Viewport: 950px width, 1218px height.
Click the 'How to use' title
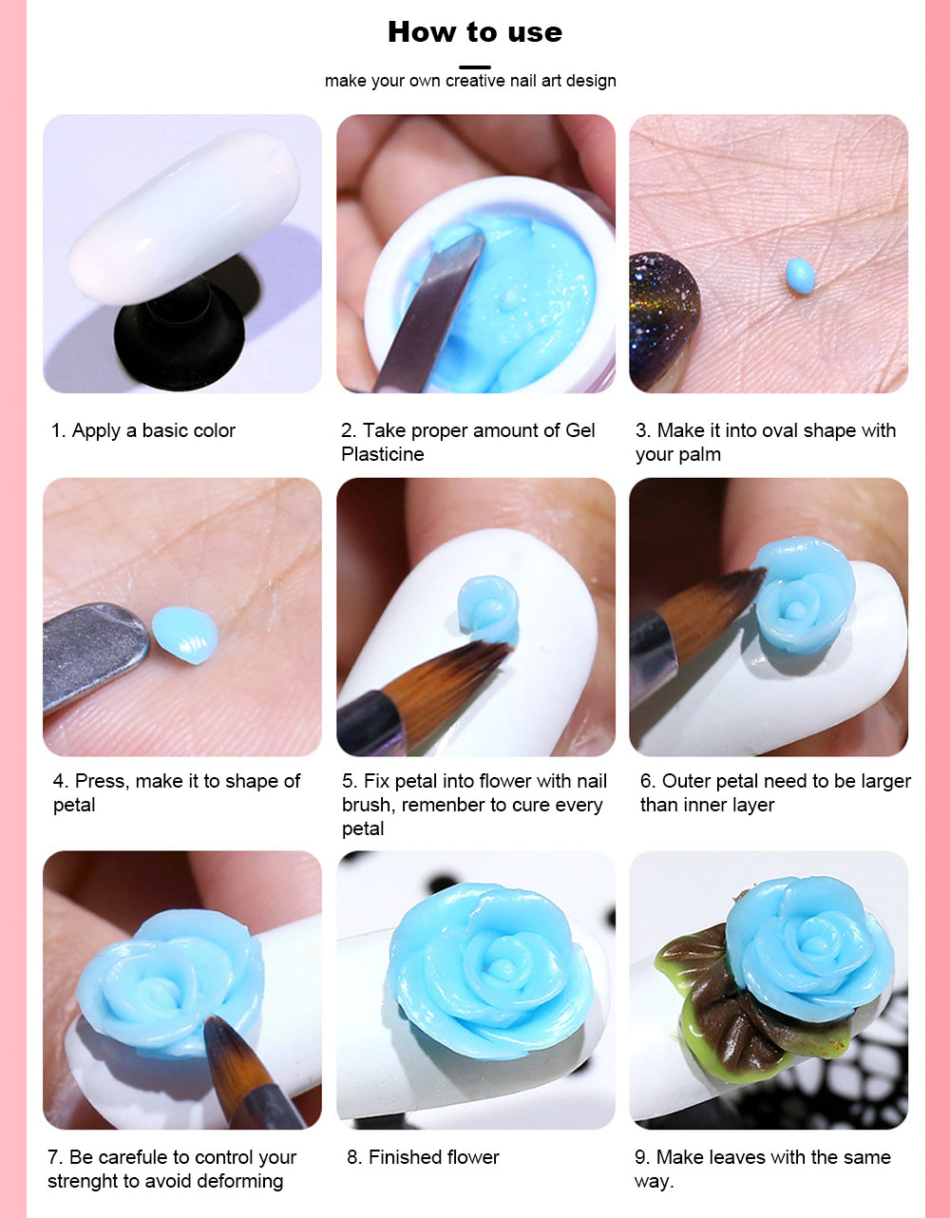point(475,32)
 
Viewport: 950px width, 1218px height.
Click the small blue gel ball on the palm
point(800,276)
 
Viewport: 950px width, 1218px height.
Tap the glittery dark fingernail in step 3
point(663,322)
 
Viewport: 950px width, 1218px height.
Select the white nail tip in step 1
point(184,217)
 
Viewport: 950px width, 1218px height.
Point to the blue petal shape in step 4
point(185,635)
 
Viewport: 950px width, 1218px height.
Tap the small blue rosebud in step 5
point(488,609)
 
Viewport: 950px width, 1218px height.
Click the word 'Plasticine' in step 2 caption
point(382,454)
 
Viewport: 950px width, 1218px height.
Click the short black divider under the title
point(475,67)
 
